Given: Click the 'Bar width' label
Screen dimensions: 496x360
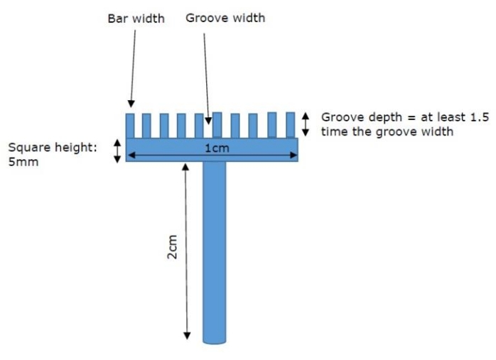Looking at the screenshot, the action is (136, 18).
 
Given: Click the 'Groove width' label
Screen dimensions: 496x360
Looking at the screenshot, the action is (225, 18).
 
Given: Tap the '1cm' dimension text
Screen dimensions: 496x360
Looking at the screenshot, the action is (216, 147).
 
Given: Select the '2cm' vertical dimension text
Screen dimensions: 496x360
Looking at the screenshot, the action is (172, 248).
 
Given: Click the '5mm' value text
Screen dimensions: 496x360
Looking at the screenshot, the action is (23, 161).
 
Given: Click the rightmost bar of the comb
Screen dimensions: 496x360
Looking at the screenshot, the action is (290, 125).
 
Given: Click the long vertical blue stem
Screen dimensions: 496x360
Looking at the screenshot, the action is (214, 249).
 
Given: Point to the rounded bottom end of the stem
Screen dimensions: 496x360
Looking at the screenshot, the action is (214, 339).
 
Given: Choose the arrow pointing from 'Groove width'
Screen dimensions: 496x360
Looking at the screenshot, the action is (206, 78).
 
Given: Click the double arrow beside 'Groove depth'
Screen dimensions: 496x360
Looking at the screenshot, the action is (306, 124).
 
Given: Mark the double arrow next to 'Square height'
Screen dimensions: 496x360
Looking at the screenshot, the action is (117, 151).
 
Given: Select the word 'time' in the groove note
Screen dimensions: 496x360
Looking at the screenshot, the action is (335, 131).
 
